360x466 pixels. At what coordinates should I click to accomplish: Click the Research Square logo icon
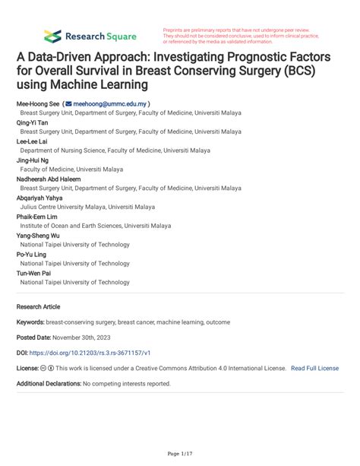52,35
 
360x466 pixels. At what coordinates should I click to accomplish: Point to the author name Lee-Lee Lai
33,141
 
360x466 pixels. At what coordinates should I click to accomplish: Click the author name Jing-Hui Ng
33,160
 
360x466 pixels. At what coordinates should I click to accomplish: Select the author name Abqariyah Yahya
42,198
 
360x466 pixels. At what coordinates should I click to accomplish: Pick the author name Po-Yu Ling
32,254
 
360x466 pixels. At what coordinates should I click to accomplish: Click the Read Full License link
314,368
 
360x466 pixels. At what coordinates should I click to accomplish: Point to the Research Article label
38,306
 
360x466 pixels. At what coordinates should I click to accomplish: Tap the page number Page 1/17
179,453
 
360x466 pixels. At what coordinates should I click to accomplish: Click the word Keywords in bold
30,322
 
